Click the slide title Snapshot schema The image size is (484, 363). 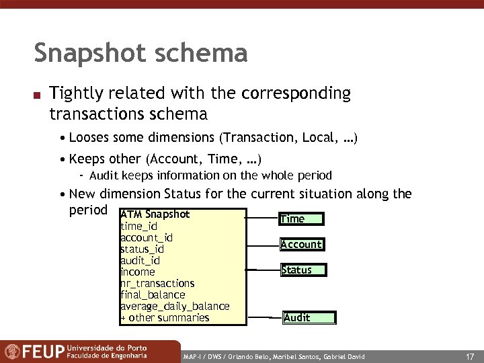tap(140, 53)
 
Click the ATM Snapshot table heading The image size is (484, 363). tap(155, 214)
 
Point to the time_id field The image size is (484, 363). tap(138, 227)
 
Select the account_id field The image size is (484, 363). tap(147, 237)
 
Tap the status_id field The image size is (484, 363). tap(142, 249)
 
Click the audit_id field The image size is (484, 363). tap(140, 260)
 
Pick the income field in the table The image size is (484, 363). tap(138, 272)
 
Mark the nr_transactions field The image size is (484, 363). tap(157, 283)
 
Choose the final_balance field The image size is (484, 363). tap(153, 294)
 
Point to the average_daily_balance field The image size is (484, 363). tap(175, 306)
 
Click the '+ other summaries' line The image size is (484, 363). tap(165, 317)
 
